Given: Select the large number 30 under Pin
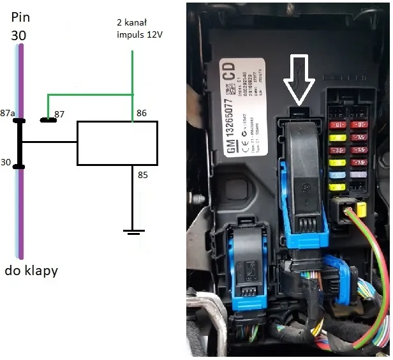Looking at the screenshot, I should click(19, 36).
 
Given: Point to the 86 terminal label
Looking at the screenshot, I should click(142, 113).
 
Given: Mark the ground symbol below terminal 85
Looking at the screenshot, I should click(133, 231).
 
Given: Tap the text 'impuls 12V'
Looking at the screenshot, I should click(138, 34).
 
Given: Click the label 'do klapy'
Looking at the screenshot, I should click(31, 271).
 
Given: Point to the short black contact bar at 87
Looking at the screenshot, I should click(47, 119).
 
